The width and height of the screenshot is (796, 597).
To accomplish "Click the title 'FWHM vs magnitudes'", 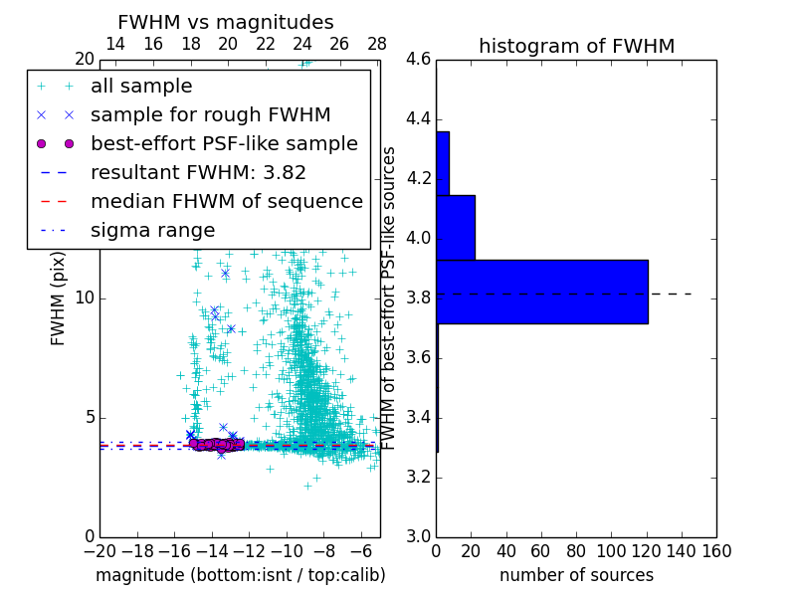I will pyautogui.click(x=225, y=23).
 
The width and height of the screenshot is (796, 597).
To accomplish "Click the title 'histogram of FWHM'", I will pyautogui.click(x=576, y=46).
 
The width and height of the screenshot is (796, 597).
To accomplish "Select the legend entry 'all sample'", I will pyautogui.click(x=141, y=87).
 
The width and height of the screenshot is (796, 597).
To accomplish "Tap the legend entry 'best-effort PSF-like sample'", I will pyautogui.click(x=224, y=144).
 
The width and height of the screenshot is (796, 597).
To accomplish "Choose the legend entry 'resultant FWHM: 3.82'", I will pyautogui.click(x=198, y=173).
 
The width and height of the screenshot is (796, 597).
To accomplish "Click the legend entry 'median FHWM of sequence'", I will pyautogui.click(x=226, y=202).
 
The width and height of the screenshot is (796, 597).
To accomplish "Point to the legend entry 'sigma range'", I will pyautogui.click(x=152, y=231).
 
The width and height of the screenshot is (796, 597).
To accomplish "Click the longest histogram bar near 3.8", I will pyautogui.click(x=542, y=292).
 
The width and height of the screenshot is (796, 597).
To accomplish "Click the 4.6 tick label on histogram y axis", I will pyautogui.click(x=419, y=60).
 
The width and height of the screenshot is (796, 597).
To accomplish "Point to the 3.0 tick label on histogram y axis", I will pyautogui.click(x=419, y=537).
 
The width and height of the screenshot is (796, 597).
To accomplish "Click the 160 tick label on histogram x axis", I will pyautogui.click(x=716, y=550).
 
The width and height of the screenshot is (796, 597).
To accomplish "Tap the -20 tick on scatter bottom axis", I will pyautogui.click(x=99, y=550).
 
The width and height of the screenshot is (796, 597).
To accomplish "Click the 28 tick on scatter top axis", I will pyautogui.click(x=377, y=45).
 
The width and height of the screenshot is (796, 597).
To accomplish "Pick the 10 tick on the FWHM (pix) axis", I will pyautogui.click(x=86, y=298).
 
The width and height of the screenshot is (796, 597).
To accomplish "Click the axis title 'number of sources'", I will pyautogui.click(x=576, y=575).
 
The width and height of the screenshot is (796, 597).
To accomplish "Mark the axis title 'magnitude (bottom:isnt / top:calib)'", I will pyautogui.click(x=240, y=575).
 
